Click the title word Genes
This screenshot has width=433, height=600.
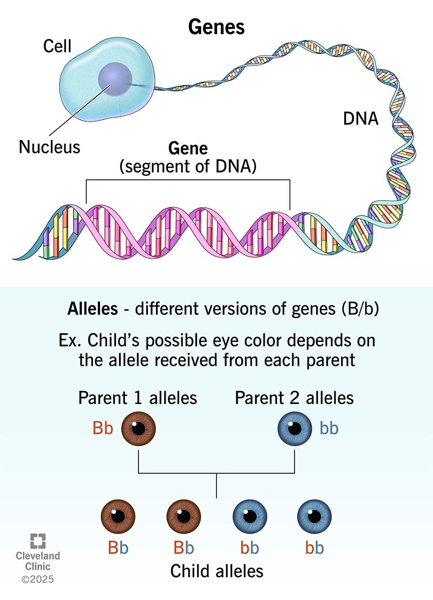pos(216,28)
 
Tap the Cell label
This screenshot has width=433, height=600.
pos(57,47)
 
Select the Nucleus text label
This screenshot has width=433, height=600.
pos(49,147)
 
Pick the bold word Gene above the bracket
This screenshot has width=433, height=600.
pos(188,148)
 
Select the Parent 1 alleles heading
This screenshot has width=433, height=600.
pos(137,398)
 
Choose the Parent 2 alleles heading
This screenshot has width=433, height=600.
pos(294,398)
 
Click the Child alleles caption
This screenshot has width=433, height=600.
pos(216,571)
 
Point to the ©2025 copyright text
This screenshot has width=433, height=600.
pos(37,579)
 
